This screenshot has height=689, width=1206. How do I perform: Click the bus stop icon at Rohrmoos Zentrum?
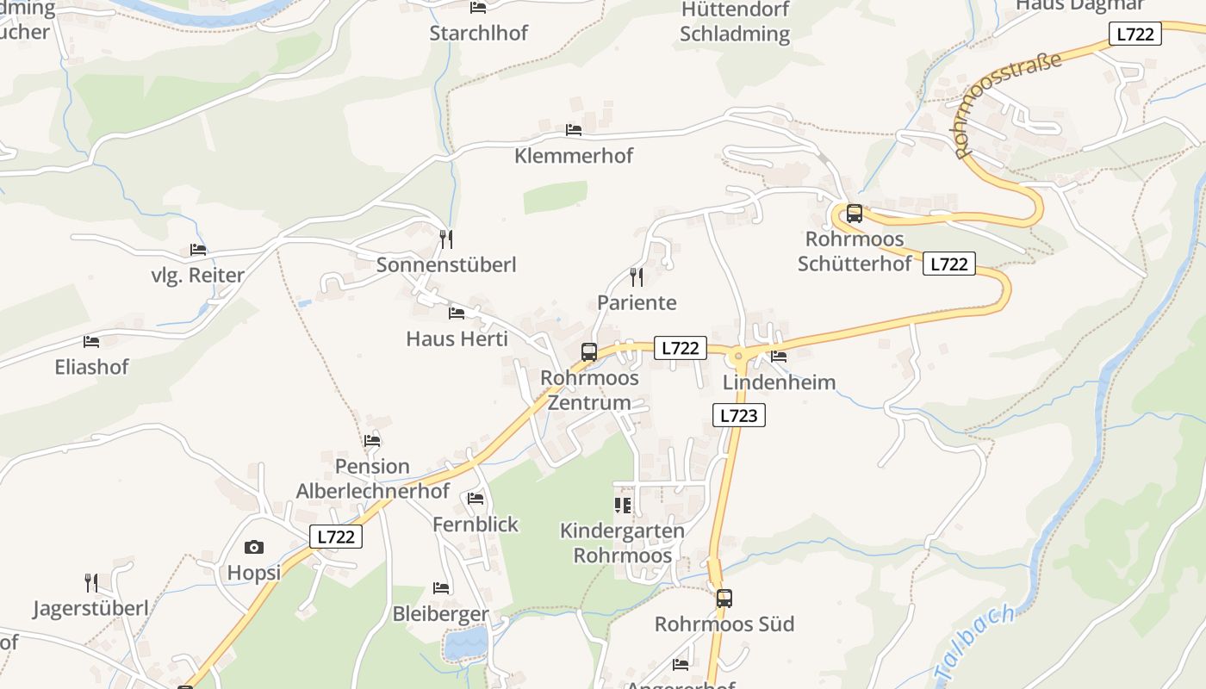[x=589, y=351]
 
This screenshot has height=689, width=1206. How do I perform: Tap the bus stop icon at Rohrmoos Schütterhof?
[x=855, y=213]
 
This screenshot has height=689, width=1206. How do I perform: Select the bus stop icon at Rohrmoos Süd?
[x=724, y=598]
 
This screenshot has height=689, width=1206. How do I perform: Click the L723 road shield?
[x=739, y=415]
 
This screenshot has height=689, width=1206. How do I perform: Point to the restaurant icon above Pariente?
[x=637, y=276]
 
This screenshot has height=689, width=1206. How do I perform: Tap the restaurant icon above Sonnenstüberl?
[x=445, y=239]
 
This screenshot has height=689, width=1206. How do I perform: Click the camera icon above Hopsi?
[x=254, y=547]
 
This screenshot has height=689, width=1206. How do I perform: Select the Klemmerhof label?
[x=573, y=156]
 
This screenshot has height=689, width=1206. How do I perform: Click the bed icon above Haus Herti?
[x=457, y=313]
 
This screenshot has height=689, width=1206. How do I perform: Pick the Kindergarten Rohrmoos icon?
[x=623, y=505]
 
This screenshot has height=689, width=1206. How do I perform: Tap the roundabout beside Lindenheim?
[x=738, y=355]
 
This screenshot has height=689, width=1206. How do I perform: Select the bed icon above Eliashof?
[x=91, y=342]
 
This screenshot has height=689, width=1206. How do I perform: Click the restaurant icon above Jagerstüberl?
[x=91, y=582]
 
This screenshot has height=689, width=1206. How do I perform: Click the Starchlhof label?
[x=478, y=34]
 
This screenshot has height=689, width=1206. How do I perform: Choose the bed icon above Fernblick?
[x=476, y=498]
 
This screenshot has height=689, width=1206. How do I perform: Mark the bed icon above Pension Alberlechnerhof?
[x=372, y=440]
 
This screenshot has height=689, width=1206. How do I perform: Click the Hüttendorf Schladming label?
[x=734, y=22]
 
